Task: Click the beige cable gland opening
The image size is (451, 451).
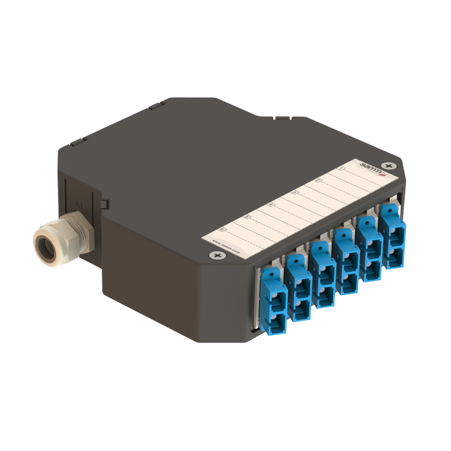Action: tap(47, 245)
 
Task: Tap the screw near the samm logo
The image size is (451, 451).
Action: tap(387, 166)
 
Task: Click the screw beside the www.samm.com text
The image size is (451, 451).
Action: tap(216, 256)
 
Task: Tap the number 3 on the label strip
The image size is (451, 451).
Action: tap(294, 192)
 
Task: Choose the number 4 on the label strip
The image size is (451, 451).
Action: tap(271, 205)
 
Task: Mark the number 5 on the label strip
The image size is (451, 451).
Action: tap(247, 217)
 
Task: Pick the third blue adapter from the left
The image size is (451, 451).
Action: tap(321, 280)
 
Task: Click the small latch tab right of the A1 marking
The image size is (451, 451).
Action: tap(104, 204)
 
